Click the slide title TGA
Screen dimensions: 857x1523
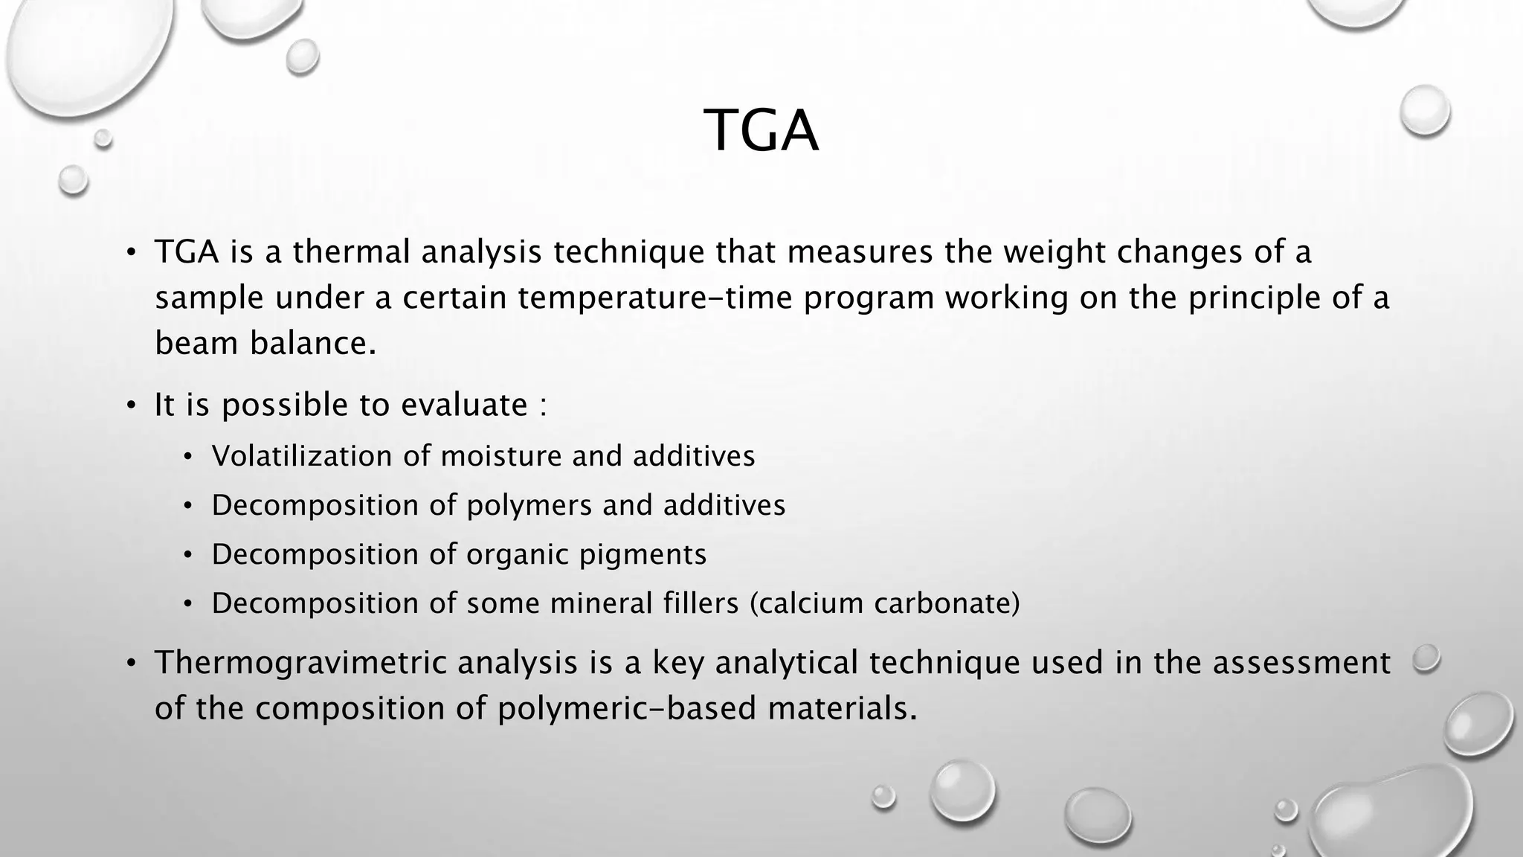[x=761, y=131]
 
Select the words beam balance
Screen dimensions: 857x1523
[x=265, y=344]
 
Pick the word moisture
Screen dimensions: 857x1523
[x=500, y=456]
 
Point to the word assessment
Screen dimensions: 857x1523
[x=1301, y=663]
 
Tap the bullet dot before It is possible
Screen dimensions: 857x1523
[x=131, y=406]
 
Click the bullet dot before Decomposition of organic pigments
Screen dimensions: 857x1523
[x=188, y=556]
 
